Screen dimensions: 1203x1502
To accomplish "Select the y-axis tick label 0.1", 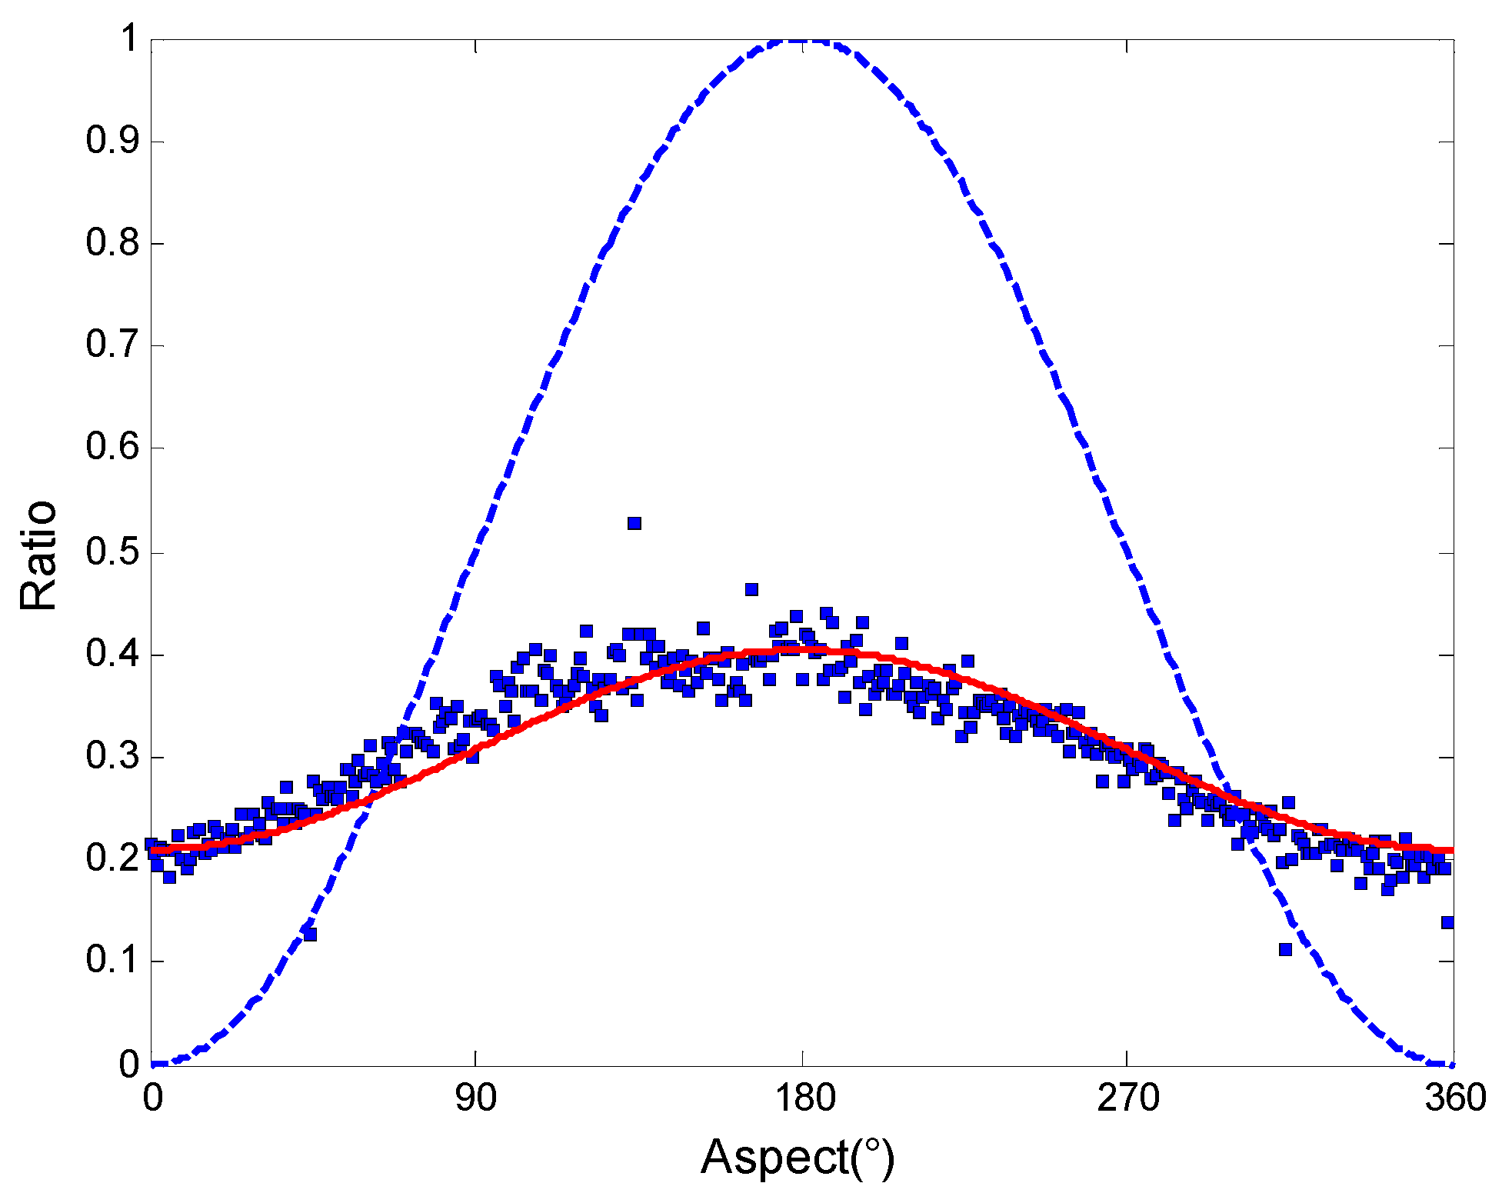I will [112, 960].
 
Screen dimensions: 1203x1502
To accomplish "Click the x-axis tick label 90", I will [475, 1098].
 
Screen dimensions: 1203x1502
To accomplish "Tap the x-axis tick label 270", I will [1127, 1098].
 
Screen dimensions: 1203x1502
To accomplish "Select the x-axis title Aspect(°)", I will [798, 1157].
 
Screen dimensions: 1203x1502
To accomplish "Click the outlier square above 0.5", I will [634, 524].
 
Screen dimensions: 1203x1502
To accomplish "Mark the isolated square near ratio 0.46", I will [751, 590].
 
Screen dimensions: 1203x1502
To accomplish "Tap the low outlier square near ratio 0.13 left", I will [310, 935].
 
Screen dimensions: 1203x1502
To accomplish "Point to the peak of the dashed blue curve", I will [800, 40].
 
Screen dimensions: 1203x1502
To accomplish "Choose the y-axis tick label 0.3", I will [112, 756].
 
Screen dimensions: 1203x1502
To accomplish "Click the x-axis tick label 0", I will [152, 1098].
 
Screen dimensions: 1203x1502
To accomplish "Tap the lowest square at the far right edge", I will [1447, 922].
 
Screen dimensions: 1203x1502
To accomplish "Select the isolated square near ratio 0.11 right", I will [1285, 949].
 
